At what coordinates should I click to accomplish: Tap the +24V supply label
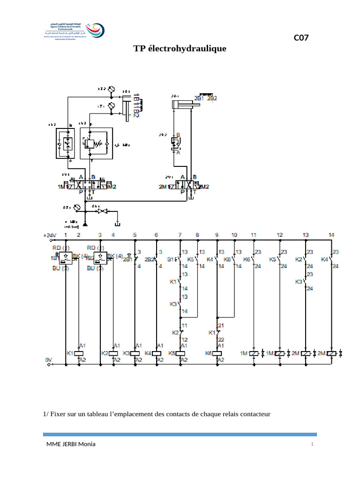click(49, 235)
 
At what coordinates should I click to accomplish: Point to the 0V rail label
click(49, 360)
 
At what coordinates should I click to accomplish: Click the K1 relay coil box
click(80, 353)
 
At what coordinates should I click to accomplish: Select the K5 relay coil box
click(180, 353)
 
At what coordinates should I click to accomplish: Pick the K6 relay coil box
click(217, 353)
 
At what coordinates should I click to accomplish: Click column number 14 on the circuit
click(332, 234)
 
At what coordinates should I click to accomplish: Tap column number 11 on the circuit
click(254, 234)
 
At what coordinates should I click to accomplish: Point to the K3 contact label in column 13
click(299, 282)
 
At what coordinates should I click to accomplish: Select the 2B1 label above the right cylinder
click(199, 98)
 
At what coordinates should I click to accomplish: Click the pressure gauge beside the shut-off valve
click(77, 207)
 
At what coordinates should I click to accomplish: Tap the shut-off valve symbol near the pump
click(99, 211)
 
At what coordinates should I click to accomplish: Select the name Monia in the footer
click(87, 444)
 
